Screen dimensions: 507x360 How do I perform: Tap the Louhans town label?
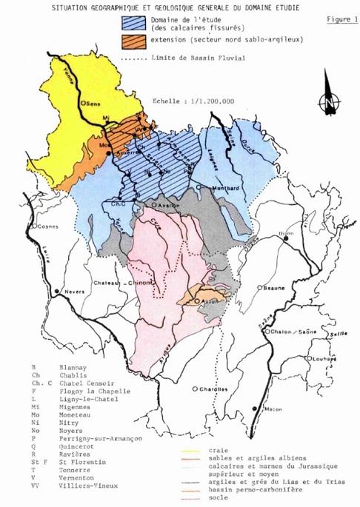(324, 357)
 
